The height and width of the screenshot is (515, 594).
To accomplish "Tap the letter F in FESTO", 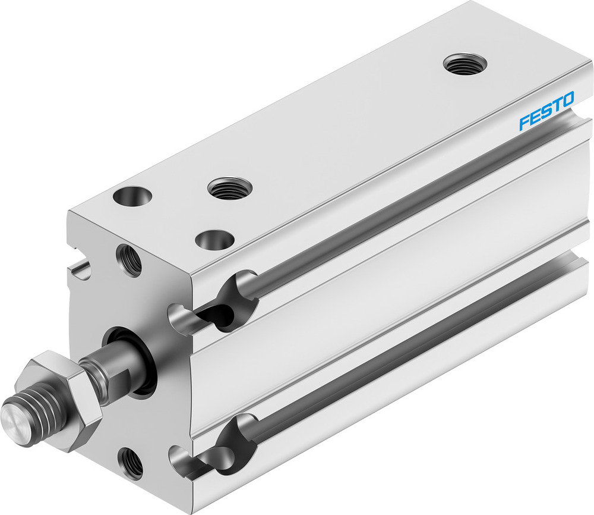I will [x=524, y=123].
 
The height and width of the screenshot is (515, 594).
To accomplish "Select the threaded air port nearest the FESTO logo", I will [x=465, y=64].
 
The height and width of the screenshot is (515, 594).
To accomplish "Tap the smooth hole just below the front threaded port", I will [x=214, y=240].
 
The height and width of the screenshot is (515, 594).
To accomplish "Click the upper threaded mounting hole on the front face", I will [x=129, y=260].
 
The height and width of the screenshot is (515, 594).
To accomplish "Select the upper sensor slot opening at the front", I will [x=214, y=303].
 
